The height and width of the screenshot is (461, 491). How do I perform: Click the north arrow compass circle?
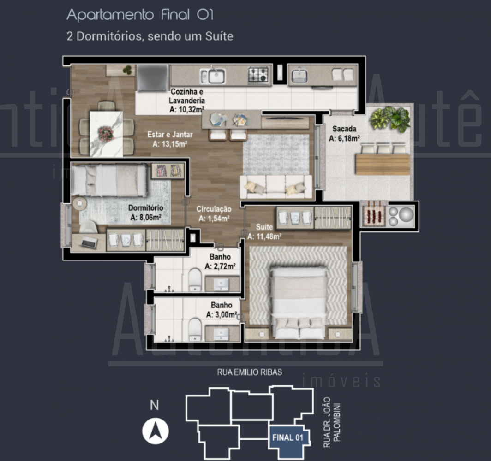coord(156,431)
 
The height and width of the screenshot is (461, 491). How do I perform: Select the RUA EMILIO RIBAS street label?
coord(250,372)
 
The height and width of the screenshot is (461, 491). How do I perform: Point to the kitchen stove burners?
coord(258,75)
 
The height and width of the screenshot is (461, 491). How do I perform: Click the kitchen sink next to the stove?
coord(213,76)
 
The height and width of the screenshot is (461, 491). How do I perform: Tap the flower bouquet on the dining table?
coord(106,134)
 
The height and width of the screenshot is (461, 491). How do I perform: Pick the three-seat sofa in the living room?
coord(275,187)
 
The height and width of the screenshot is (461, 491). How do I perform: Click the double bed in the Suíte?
coord(299,302)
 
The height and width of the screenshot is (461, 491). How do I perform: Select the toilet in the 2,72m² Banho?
coord(195,279)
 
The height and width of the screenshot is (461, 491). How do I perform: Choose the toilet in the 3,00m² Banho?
coord(195,329)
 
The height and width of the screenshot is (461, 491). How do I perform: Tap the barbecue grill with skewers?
coord(374,215)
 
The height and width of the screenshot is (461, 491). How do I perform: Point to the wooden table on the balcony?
coord(383,164)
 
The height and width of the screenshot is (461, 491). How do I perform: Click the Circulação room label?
coord(214,209)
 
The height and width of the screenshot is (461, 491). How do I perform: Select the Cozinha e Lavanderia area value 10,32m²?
coord(187,109)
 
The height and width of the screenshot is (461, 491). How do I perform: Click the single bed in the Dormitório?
coord(110,180)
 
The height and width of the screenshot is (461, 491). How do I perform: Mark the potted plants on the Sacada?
coord(389,119)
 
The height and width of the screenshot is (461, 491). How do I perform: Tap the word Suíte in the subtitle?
coord(219,36)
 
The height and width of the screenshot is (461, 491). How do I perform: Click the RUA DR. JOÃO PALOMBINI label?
coord(332,422)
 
